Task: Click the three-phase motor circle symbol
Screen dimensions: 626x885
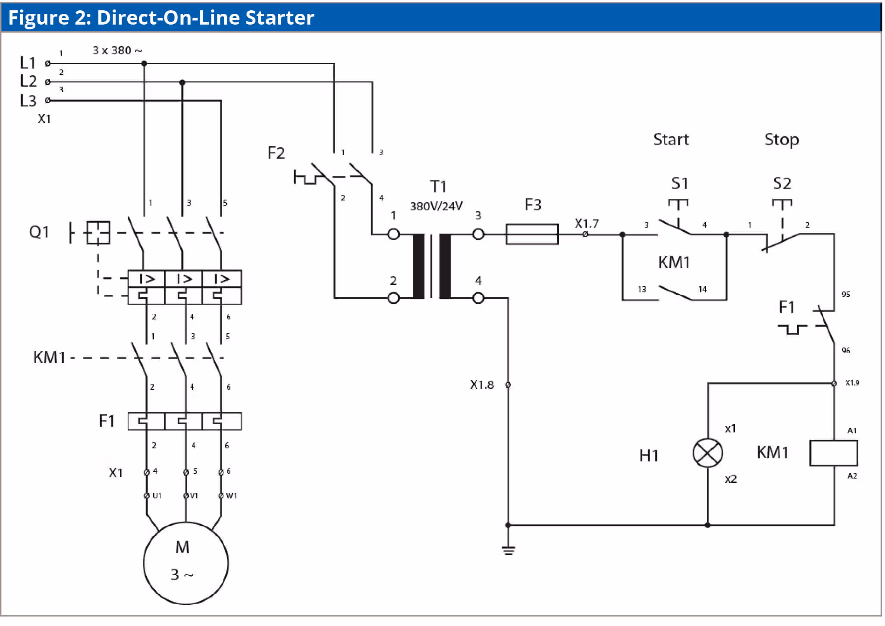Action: [x=185, y=563]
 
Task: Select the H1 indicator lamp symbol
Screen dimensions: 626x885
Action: [x=707, y=453]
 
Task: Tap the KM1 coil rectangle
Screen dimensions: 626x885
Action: [x=833, y=453]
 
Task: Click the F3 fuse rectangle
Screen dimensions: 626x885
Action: [x=532, y=234]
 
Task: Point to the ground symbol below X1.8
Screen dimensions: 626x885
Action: [x=508, y=551]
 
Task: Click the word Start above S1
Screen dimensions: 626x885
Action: [x=671, y=140]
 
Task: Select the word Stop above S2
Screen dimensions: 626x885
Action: [x=781, y=140]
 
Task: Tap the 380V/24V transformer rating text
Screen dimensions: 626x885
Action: [x=436, y=206]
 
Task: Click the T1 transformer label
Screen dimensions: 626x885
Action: [x=438, y=186]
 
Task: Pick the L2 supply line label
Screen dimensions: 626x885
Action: [x=28, y=81]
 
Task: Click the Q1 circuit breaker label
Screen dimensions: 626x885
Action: [x=39, y=232]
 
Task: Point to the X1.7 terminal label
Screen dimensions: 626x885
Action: [x=587, y=223]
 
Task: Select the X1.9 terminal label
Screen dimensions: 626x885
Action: [x=852, y=383]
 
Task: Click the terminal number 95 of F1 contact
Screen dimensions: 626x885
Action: [x=846, y=294]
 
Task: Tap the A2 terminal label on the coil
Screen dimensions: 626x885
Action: [x=852, y=476]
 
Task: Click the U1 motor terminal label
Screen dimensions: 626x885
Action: [x=157, y=496]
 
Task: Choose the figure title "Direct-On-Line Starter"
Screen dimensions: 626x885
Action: [x=205, y=18]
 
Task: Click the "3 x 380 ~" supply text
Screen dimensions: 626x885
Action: [x=117, y=50]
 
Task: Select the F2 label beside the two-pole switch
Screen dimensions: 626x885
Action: [x=276, y=153]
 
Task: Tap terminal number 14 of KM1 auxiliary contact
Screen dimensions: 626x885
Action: [x=703, y=289]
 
